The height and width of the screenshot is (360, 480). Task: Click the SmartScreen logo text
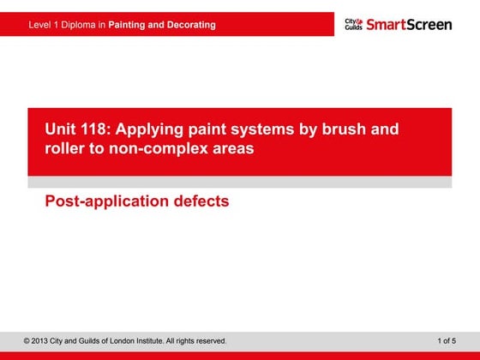408,24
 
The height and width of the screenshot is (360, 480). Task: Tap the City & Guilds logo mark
353,24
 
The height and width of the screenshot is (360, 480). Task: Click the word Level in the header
40,25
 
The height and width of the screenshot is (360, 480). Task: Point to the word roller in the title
65,148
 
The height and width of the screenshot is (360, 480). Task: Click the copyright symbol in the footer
27,341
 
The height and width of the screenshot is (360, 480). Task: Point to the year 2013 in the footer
42,341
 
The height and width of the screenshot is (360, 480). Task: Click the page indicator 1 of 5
446,341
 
